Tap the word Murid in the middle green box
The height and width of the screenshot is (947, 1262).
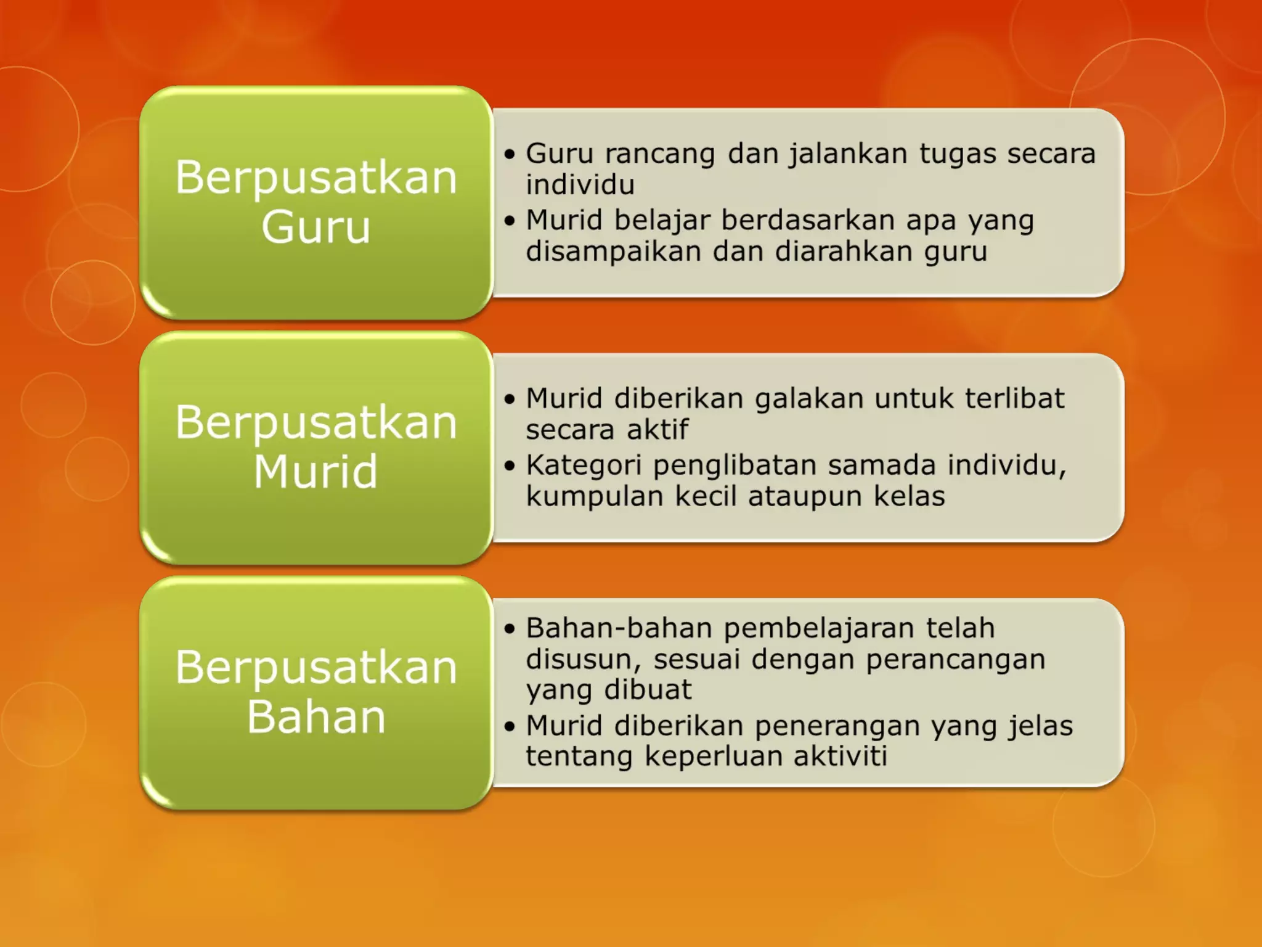pyautogui.click(x=315, y=472)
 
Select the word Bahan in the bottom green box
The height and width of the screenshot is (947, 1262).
pyautogui.click(x=315, y=717)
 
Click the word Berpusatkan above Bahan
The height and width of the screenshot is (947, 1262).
pyautogui.click(x=315, y=668)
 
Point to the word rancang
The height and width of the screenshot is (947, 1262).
pyautogui.click(x=659, y=154)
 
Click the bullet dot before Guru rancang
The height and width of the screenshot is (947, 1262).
pyautogui.click(x=509, y=154)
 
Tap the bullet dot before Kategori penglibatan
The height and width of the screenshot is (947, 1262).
pyautogui.click(x=509, y=465)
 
